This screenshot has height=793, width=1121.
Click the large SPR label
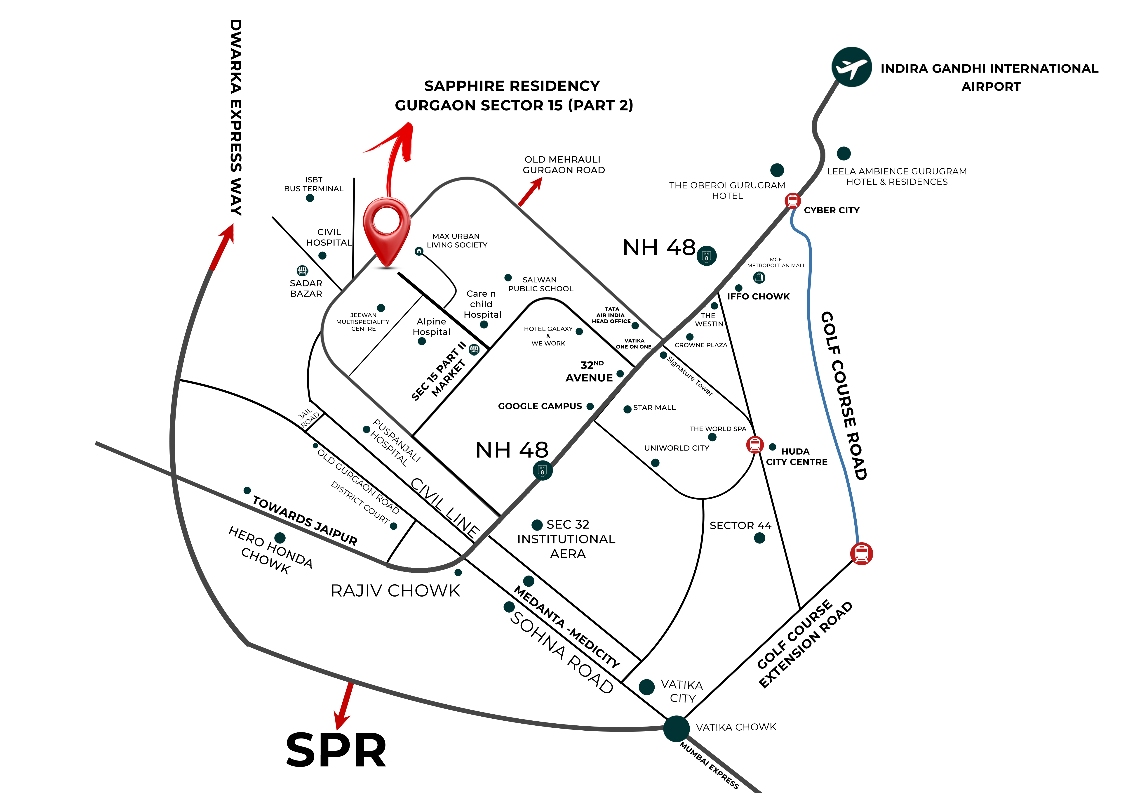click(x=336, y=750)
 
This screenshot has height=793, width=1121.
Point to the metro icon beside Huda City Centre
click(x=755, y=444)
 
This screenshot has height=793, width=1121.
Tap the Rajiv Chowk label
click(x=395, y=591)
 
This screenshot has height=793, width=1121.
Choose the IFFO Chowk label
click(x=758, y=296)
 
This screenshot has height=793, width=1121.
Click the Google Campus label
click(x=540, y=406)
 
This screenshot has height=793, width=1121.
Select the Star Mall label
click(x=654, y=408)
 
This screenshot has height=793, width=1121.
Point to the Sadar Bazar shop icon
click(x=302, y=271)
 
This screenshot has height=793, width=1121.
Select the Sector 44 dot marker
click(x=760, y=538)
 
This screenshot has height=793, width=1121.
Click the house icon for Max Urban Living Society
click(x=419, y=251)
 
